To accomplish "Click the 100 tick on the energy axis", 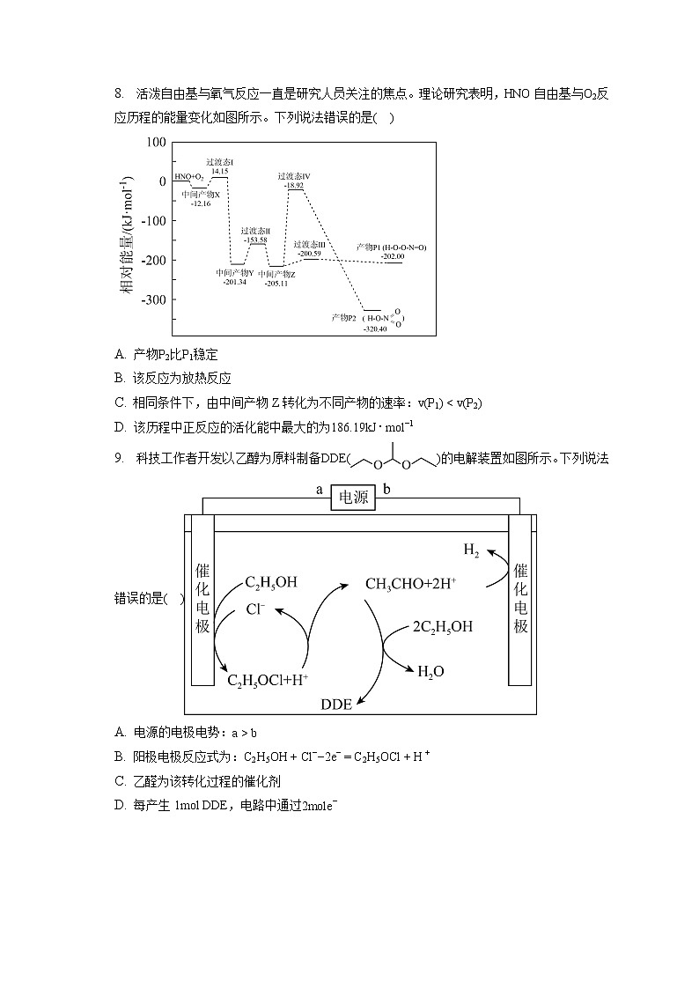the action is [155, 142].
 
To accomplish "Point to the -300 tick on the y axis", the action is [151, 299].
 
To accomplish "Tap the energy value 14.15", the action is [219, 171].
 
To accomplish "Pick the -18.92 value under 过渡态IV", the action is [294, 186].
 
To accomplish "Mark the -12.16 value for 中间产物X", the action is [201, 203].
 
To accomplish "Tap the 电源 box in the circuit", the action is [353, 498].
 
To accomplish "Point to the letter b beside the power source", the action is [386, 490].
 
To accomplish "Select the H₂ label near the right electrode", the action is [472, 550].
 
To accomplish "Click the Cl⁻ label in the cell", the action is [255, 609].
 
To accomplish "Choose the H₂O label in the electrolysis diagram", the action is [430, 672].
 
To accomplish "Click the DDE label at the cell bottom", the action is [336, 704].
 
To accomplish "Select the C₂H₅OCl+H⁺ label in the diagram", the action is [268, 680].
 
